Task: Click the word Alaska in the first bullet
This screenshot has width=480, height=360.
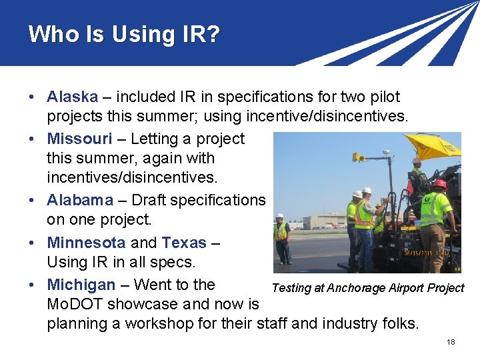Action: [72, 97]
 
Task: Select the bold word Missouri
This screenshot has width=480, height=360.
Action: [79, 139]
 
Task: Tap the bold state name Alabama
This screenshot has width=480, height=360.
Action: [80, 200]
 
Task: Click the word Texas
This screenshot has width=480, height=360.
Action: [184, 243]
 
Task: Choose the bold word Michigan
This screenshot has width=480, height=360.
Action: [81, 285]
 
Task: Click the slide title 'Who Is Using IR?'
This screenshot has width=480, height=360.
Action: [124, 34]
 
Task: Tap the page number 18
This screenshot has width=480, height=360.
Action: [451, 342]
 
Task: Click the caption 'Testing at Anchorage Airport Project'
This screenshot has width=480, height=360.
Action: [367, 288]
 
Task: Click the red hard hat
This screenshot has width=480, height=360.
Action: [440, 184]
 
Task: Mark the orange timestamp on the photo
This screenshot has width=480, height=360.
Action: [427, 253]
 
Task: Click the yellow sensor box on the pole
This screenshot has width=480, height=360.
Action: [358, 158]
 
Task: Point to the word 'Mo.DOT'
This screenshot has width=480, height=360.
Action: [73, 305]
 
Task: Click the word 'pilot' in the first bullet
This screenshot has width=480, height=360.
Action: [385, 97]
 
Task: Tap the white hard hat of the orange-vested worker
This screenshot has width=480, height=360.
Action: [367, 191]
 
